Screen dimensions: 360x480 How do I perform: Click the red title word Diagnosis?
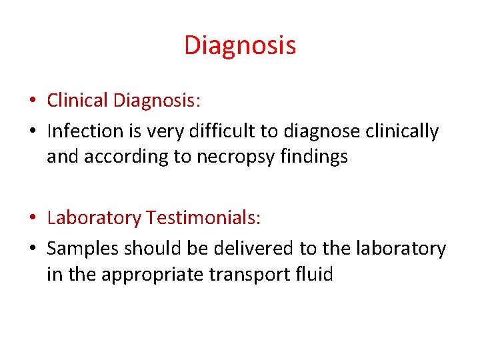point(240,45)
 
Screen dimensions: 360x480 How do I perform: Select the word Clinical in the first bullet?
point(77,100)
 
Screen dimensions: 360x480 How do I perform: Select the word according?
point(127,157)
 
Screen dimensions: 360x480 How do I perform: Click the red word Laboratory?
point(94,217)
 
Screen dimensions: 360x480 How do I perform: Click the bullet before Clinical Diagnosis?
point(32,101)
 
